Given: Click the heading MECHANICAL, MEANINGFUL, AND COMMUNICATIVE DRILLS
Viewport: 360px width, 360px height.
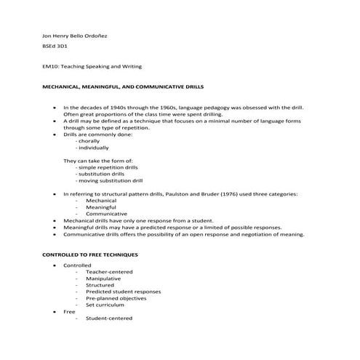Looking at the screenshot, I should click(x=120, y=87).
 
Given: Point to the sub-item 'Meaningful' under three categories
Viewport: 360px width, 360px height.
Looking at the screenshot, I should click(x=102, y=207).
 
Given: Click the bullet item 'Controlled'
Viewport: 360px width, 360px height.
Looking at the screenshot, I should click(x=78, y=265).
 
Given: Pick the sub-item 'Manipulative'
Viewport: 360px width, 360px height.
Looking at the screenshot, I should click(x=104, y=279).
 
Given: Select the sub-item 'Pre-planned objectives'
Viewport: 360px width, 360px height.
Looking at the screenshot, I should click(x=118, y=298).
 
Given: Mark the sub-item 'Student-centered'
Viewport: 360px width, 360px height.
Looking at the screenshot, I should click(x=110, y=318).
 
